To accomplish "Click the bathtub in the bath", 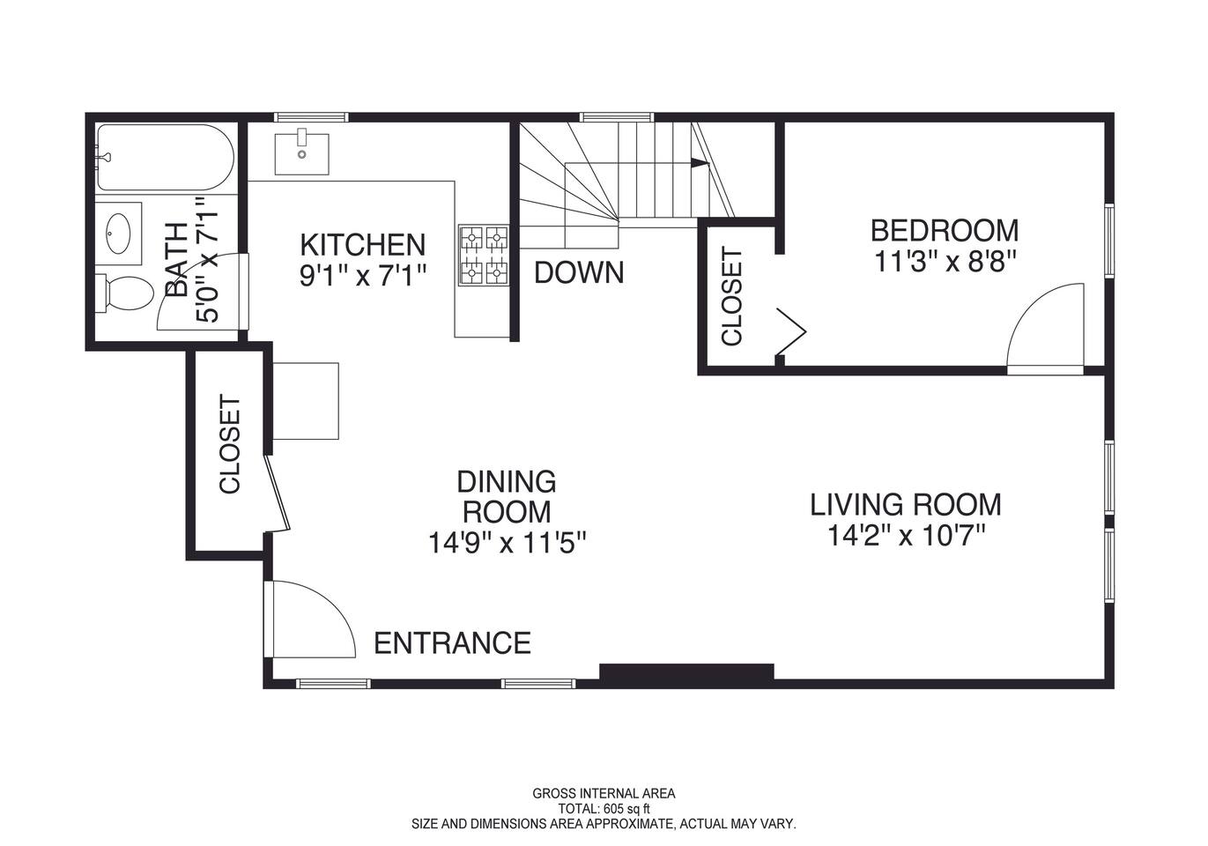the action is click(166, 157).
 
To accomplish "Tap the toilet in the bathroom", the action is click(124, 293).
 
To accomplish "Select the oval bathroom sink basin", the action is click(117, 234).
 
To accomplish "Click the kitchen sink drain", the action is click(302, 155).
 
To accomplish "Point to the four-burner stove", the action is click(484, 256).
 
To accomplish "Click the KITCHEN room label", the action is click(362, 245).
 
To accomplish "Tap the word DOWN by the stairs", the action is click(579, 272).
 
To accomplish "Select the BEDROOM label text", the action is click(945, 230).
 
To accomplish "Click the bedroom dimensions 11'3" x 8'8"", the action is click(945, 263).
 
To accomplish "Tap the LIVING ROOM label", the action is click(906, 504).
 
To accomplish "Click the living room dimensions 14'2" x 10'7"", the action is click(906, 536).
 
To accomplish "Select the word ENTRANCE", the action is click(453, 642).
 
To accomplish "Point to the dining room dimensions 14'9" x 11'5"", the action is click(507, 542).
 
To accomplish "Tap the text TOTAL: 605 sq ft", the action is click(604, 809).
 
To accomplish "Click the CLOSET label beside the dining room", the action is click(230, 444).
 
